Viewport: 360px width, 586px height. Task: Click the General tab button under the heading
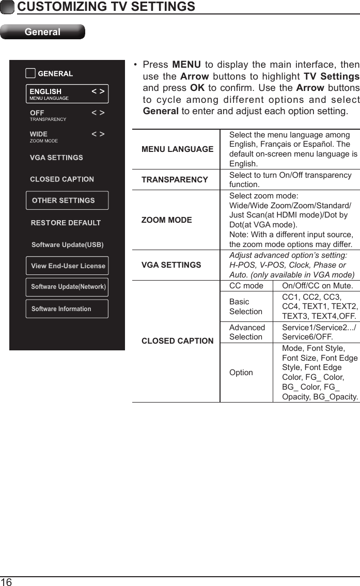click(x=42, y=32)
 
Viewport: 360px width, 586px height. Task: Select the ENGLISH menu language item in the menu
click(x=67, y=94)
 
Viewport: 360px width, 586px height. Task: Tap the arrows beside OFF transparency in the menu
click(x=98, y=113)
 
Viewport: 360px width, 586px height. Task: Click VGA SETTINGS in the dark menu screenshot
click(x=56, y=158)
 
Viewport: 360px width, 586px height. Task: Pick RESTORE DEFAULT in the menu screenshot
click(x=66, y=223)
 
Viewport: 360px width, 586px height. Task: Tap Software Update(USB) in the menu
click(x=67, y=244)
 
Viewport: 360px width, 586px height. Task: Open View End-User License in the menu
click(x=67, y=266)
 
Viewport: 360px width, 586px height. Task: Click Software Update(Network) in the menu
click(x=67, y=287)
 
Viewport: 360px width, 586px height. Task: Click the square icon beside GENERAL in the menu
click(x=30, y=73)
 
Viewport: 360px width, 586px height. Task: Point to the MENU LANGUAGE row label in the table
click(x=177, y=149)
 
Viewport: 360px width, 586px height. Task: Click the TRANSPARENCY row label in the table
click(x=175, y=179)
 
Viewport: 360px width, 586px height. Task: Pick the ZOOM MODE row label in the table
click(x=166, y=220)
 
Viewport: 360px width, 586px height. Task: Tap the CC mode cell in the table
click(x=246, y=286)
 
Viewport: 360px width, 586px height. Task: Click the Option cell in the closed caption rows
click(x=241, y=372)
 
